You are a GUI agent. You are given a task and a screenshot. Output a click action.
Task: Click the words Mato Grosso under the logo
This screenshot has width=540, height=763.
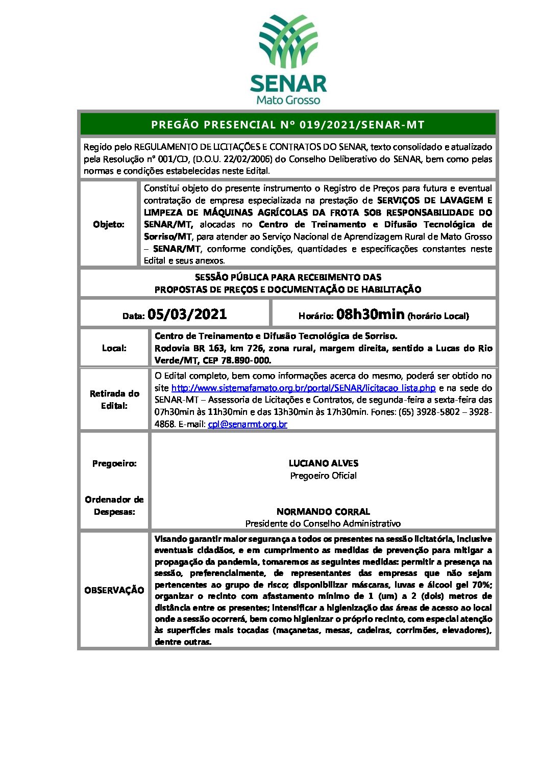(x=288, y=100)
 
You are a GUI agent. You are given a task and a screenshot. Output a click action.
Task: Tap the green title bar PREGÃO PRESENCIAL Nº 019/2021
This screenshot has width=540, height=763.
(x=288, y=124)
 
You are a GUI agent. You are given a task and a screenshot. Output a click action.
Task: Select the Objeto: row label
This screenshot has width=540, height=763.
(x=109, y=224)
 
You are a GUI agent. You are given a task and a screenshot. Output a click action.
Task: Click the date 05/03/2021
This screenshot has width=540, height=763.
(x=187, y=314)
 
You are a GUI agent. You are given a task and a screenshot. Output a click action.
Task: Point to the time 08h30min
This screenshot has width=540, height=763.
(x=370, y=314)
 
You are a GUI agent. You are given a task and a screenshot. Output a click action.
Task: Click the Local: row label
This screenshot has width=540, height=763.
(x=114, y=348)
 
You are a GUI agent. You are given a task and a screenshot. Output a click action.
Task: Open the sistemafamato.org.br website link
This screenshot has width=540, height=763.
(x=304, y=388)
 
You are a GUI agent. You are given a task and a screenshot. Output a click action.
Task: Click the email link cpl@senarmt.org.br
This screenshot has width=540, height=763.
(x=248, y=424)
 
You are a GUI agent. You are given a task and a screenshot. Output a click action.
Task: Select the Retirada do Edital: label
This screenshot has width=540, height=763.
(x=114, y=400)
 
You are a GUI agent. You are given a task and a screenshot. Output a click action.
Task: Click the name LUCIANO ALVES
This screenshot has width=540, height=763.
(x=323, y=463)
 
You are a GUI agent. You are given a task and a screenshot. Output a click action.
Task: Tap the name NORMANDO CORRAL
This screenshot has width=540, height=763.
(x=323, y=511)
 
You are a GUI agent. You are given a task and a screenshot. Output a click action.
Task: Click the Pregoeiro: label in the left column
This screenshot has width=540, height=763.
(x=114, y=463)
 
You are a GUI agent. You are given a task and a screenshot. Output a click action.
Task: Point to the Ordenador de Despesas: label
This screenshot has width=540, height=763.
(x=114, y=506)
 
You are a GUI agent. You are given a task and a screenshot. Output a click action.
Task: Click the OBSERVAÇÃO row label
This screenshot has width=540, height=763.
(x=114, y=590)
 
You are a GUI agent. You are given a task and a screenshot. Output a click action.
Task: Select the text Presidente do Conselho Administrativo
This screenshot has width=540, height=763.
(x=323, y=523)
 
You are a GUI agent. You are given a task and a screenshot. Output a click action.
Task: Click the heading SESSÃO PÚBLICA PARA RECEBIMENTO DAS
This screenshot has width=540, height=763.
(x=288, y=277)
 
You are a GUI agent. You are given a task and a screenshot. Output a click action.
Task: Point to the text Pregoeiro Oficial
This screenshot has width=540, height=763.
(x=323, y=476)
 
